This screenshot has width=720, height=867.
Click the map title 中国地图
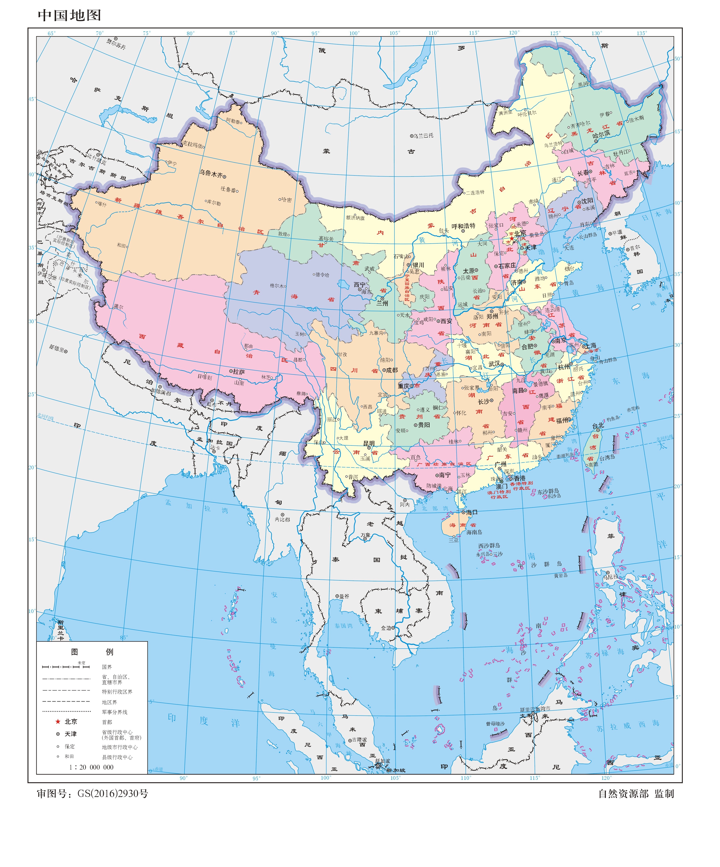[x=69, y=15]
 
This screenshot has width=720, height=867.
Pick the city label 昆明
[x=369, y=443]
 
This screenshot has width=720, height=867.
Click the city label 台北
[x=598, y=425]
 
